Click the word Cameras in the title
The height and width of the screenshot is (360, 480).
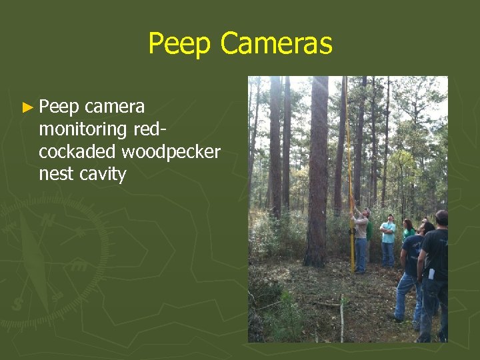tap(275, 44)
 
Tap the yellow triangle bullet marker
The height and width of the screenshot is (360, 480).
tap(27, 107)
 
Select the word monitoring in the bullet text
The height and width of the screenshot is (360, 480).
tap(83, 129)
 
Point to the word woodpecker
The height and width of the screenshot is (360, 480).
tap(171, 151)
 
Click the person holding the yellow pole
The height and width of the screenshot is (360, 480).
tap(361, 240)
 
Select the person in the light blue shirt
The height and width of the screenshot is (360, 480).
tap(388, 240)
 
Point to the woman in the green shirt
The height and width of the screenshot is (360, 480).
tap(407, 229)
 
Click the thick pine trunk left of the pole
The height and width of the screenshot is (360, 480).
tap(318, 173)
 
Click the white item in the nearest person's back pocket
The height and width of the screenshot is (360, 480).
tap(430, 273)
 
